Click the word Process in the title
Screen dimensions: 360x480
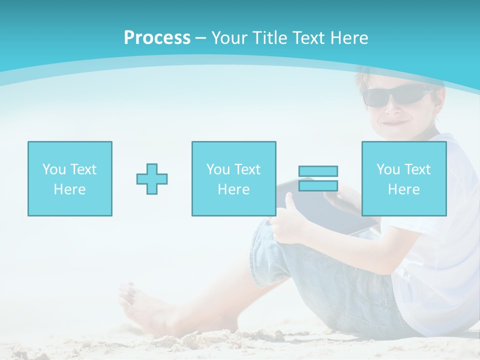[x=157, y=38]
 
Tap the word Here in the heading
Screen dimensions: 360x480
[x=349, y=38]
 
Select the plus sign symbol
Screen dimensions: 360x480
[x=152, y=179]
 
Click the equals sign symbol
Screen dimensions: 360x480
[x=318, y=178]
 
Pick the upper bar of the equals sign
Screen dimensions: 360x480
[x=318, y=171]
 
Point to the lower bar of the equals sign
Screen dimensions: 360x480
[x=318, y=186]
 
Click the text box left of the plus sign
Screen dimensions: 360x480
[x=69, y=178]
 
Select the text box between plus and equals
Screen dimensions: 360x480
[x=233, y=178]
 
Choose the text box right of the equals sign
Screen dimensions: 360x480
[x=403, y=178]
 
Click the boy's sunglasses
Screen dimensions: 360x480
[x=395, y=95]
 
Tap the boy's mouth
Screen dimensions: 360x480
[x=393, y=121]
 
